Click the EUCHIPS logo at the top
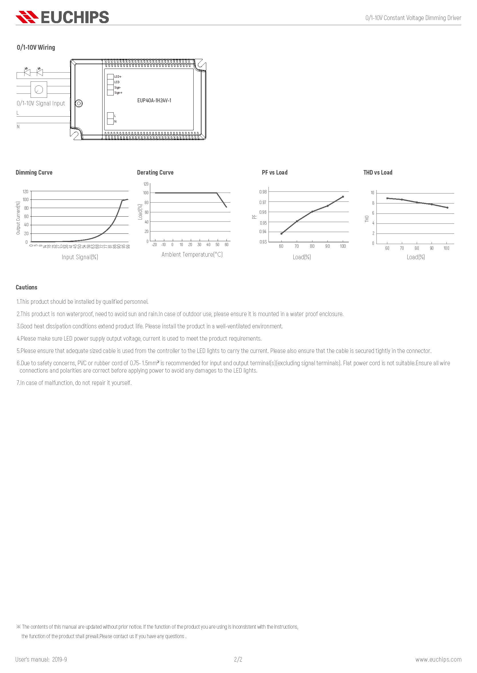(x=62, y=17)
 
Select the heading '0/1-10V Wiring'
(x=36, y=47)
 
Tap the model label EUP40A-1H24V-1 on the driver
(x=154, y=101)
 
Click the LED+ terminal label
(x=118, y=77)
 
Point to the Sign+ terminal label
(x=118, y=93)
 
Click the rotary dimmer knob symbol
(x=39, y=89)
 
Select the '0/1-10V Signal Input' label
(x=41, y=103)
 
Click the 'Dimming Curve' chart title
(x=34, y=173)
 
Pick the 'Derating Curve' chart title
(x=155, y=173)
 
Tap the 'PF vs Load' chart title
(x=274, y=173)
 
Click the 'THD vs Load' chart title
(x=378, y=173)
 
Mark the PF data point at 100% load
(x=343, y=197)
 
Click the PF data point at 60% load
(x=281, y=234)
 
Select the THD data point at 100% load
(x=447, y=207)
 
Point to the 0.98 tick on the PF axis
(x=263, y=192)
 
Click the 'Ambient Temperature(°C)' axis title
(x=192, y=255)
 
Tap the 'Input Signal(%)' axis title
(x=80, y=257)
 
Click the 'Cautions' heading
(x=27, y=287)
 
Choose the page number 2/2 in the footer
(x=238, y=659)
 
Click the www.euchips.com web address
(x=438, y=659)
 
